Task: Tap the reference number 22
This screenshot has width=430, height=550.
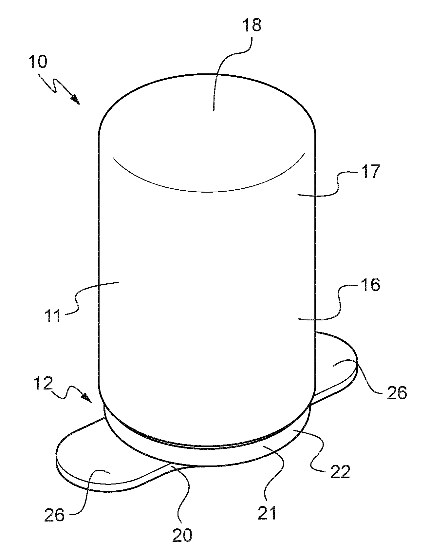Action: pos(340,472)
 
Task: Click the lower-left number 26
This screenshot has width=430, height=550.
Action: pos(54,516)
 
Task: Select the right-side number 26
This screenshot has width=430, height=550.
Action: pos(397,392)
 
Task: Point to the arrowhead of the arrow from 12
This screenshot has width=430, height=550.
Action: pos(87,397)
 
